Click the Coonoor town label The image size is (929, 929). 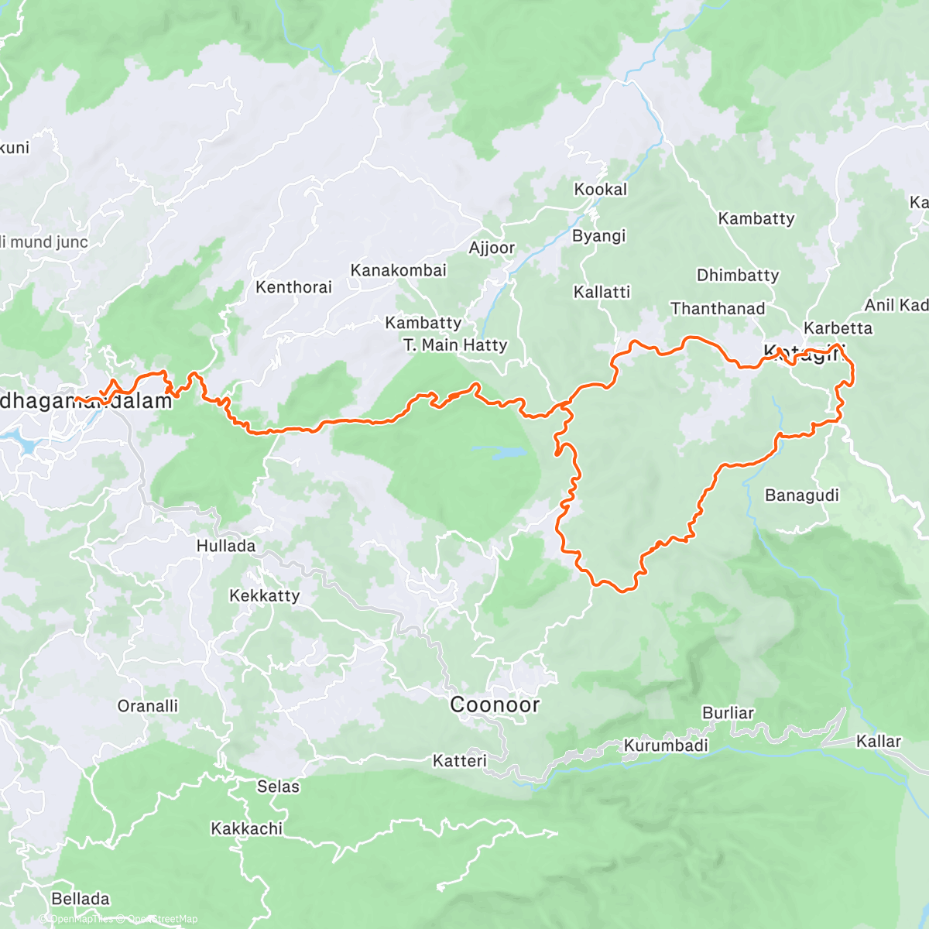coord(495,704)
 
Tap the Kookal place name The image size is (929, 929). coord(600,190)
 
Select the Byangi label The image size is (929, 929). coord(598,236)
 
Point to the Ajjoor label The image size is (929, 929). coord(492,248)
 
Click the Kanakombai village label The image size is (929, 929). coord(398,270)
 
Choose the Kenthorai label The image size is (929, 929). coord(293,287)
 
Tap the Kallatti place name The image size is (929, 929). coord(602,292)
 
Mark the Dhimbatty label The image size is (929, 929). coord(737,275)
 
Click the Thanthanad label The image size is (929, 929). coord(717,309)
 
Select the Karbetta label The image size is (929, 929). coord(838,328)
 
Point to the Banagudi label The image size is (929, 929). coord(801,495)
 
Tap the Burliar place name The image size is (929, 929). coord(727,712)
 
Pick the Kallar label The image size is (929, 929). coord(878,742)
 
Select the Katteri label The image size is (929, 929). coord(459,761)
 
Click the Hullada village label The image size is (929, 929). coord(225,546)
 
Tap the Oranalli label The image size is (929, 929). coord(147,706)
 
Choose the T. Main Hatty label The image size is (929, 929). coord(455,345)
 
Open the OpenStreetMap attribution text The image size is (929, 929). coord(163,919)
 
